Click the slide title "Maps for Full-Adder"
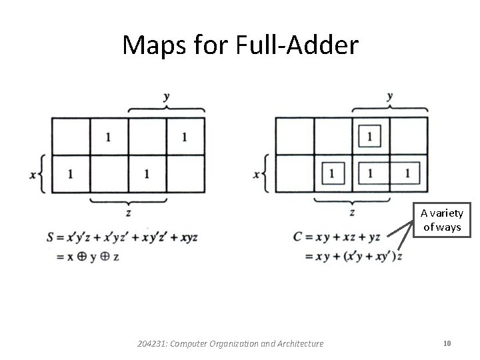click(x=240, y=45)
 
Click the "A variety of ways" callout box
click(x=446, y=221)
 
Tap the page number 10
click(x=447, y=343)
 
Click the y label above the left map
click(x=166, y=97)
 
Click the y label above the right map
click(x=389, y=97)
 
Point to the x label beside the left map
click(x=33, y=175)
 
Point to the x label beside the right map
click(x=257, y=175)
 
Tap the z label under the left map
click(x=128, y=213)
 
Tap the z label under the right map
click(x=352, y=213)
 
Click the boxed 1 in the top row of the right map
click(x=370, y=137)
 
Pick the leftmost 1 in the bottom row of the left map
click(x=70, y=174)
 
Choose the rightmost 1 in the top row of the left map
click(x=184, y=137)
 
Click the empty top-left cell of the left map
click(x=70, y=137)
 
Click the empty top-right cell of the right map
click(x=408, y=137)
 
